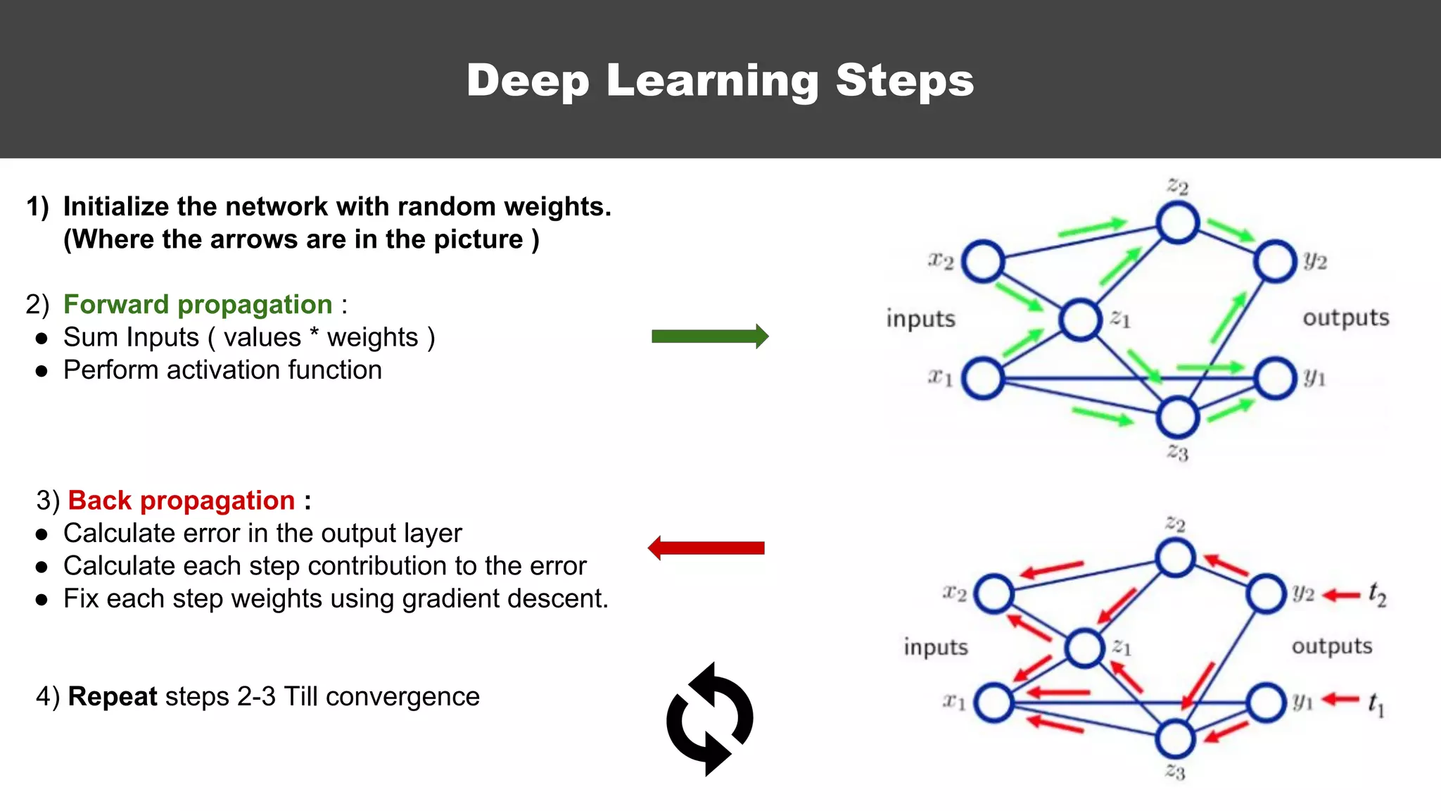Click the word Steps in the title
905,80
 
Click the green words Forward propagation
198,304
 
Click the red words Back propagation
181,501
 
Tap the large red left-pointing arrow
706,548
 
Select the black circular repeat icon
710,719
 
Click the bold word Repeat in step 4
113,696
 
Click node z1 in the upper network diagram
1080,320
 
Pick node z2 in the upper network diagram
1178,222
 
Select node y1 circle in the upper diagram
1275,378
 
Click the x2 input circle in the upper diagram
983,261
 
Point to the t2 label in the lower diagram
1377,595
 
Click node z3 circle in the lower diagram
1175,739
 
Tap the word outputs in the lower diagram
1331,646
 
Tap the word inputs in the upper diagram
920,318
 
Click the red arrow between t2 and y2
1341,596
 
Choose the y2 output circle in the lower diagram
1267,593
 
